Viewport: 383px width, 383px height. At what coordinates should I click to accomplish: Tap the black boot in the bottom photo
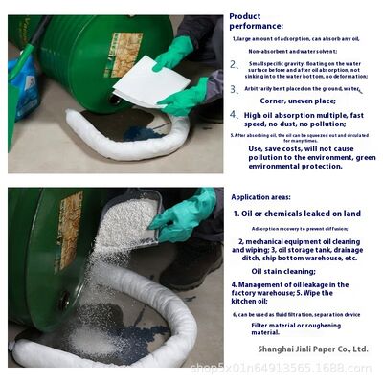(191, 268)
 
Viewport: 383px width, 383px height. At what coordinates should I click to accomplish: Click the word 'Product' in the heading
(245, 15)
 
